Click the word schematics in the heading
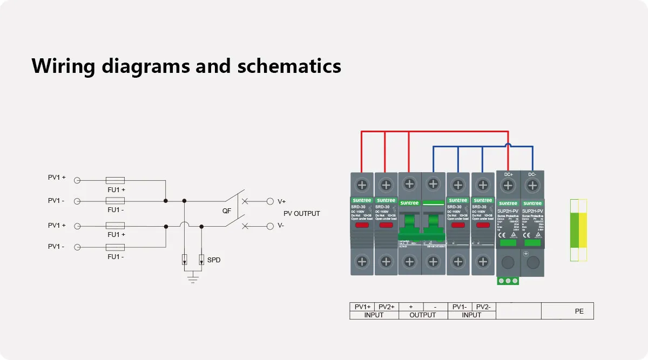coord(289,66)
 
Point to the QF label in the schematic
coord(227,211)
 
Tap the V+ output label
coord(282,202)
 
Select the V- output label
coord(281,226)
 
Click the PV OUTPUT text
coord(301,214)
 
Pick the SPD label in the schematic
coord(214,260)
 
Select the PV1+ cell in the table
coord(362,307)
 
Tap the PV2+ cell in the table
coord(387,307)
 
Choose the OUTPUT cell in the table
coord(423,315)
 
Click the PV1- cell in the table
coord(460,307)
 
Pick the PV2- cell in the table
coord(483,307)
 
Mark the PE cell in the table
coord(579,311)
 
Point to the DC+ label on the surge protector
coord(508,175)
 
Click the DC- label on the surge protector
coord(532,175)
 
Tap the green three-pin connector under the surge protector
coord(508,281)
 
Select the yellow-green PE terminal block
coord(578,230)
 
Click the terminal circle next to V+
coord(270,201)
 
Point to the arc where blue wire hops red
coord(508,145)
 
